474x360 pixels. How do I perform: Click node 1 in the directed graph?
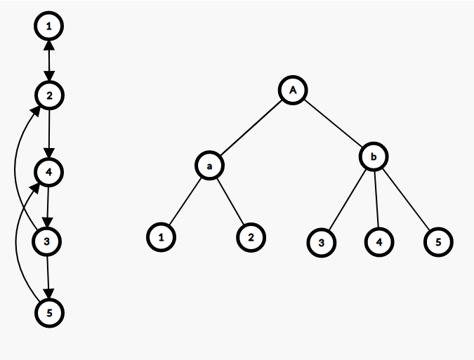[48, 27]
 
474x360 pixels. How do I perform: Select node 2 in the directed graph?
[48, 94]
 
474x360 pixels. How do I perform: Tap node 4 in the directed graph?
[48, 172]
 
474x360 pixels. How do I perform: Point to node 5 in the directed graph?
[48, 312]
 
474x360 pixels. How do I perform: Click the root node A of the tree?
[293, 90]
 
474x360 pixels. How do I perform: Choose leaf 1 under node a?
[161, 237]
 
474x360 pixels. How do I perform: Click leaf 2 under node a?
[251, 237]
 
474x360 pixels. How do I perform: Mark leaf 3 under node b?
[321, 242]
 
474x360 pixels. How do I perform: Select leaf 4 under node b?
[379, 242]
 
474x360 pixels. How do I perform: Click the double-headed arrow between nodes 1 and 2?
[48, 60]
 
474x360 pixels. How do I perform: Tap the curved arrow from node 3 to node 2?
[15, 168]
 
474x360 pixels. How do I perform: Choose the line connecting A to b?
[334, 124]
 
